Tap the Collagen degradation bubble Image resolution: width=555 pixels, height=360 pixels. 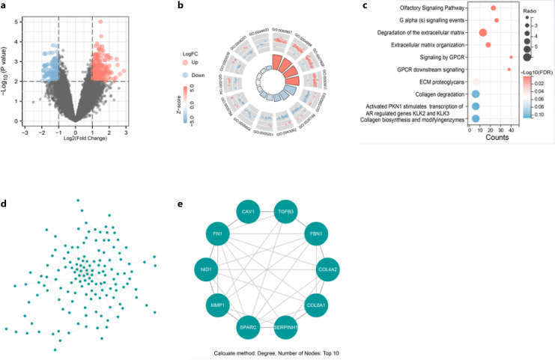coord(476,93)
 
